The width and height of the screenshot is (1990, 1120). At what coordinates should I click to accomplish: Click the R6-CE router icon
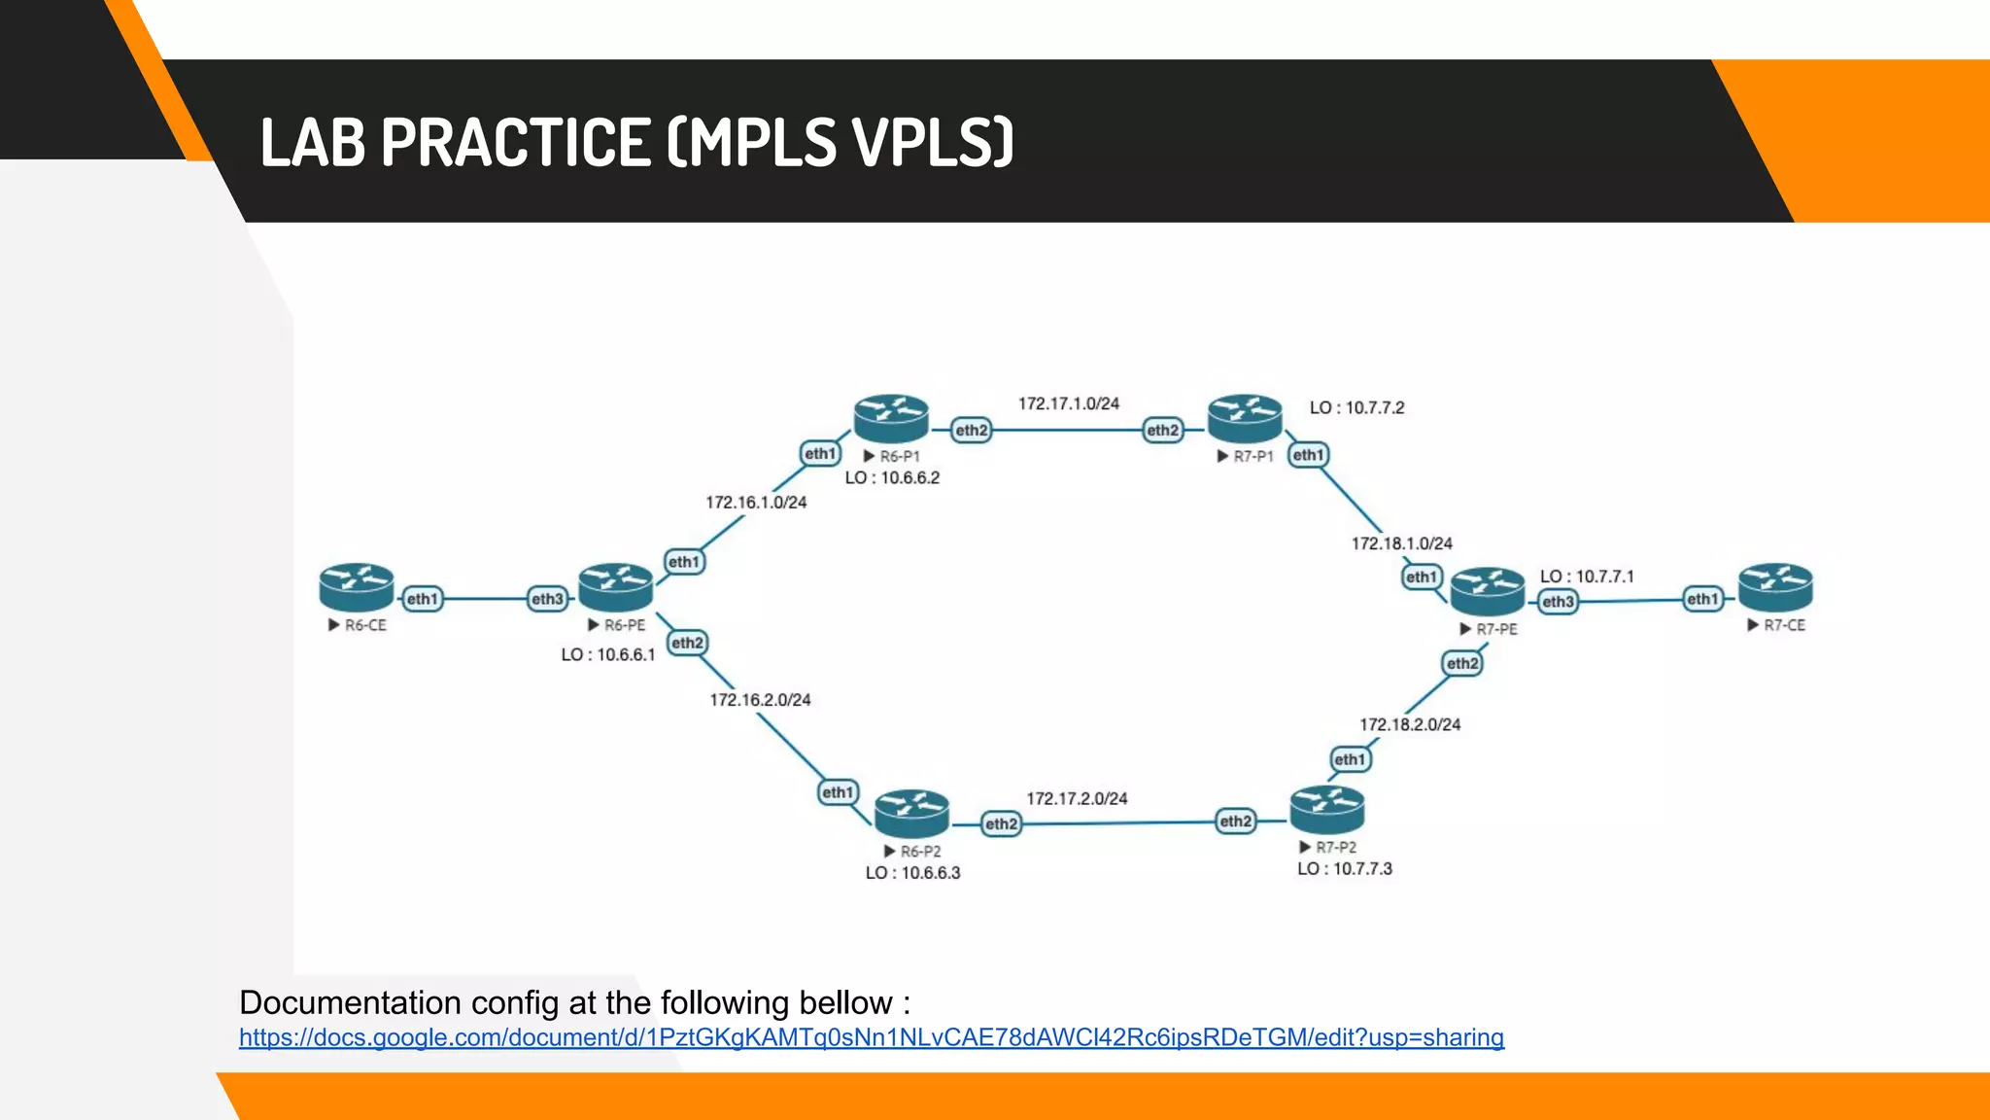pyautogui.click(x=356, y=587)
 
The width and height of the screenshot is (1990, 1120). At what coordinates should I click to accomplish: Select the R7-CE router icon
pyautogui.click(x=1775, y=587)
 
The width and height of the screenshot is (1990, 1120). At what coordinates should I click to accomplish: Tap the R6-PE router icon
pyautogui.click(x=615, y=587)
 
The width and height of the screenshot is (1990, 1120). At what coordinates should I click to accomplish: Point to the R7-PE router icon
pyautogui.click(x=1487, y=591)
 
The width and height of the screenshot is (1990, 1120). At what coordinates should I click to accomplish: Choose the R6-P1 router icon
pyautogui.click(x=891, y=419)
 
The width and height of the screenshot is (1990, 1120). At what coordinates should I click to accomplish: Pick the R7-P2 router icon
pyautogui.click(x=1326, y=811)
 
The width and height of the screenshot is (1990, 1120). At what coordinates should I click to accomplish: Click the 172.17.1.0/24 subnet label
pyautogui.click(x=1068, y=403)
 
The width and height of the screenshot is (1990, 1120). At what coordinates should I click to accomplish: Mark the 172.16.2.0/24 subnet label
pyautogui.click(x=760, y=700)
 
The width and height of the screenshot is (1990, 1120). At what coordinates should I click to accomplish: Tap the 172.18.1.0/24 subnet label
pyautogui.click(x=1401, y=543)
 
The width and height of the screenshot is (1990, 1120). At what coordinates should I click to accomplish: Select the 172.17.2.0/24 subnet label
pyautogui.click(x=1077, y=798)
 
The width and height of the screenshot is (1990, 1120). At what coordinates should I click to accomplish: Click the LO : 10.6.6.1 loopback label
pyautogui.click(x=608, y=654)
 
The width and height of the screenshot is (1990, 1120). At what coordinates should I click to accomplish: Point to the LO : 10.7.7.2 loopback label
pyautogui.click(x=1356, y=407)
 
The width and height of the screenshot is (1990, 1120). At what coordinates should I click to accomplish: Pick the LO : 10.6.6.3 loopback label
pyautogui.click(x=912, y=873)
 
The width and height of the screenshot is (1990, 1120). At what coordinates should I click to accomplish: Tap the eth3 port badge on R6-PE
pyautogui.click(x=547, y=599)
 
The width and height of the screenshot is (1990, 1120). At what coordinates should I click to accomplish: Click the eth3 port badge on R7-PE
pyautogui.click(x=1558, y=602)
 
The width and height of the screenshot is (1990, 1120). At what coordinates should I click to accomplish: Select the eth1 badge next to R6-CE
pyautogui.click(x=422, y=599)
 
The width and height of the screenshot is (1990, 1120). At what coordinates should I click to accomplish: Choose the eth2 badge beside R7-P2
pyautogui.click(x=1235, y=822)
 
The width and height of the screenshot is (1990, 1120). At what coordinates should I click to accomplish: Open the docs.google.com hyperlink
pyautogui.click(x=871, y=1037)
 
